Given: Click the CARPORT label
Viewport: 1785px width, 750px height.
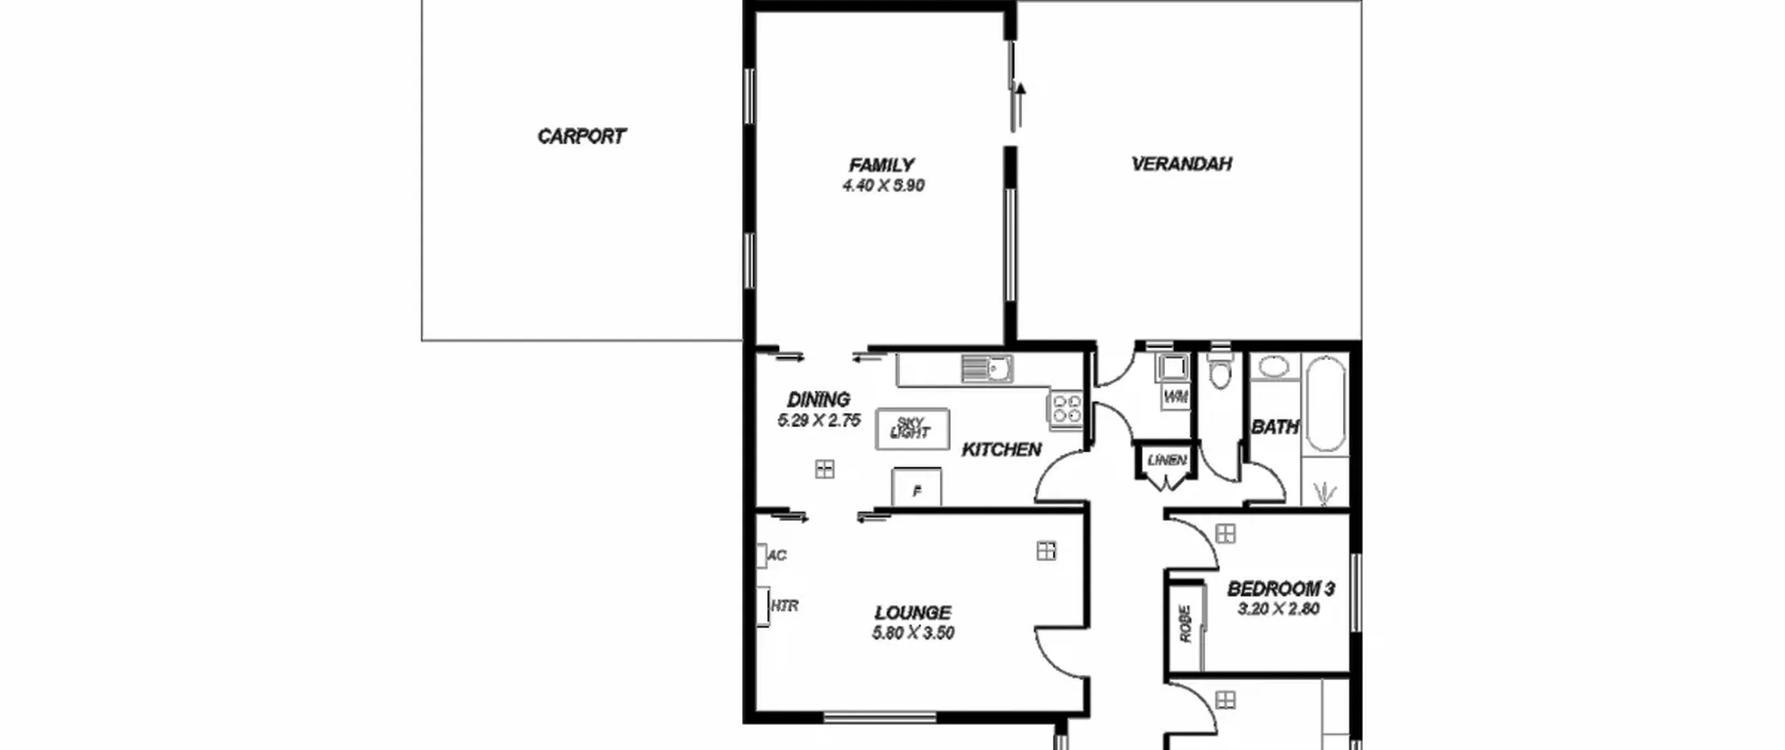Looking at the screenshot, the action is tap(582, 136).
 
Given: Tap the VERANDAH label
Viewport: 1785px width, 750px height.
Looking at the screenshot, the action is tap(1181, 164).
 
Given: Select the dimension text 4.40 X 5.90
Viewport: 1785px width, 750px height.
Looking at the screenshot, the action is tap(883, 186).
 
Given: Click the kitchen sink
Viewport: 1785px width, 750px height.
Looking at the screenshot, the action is tap(987, 368).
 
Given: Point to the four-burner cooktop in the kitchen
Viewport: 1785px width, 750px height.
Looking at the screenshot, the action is tap(1065, 408).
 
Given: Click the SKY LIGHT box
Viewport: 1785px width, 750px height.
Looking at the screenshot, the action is tap(912, 429).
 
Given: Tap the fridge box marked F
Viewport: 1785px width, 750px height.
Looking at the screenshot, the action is tap(916, 486).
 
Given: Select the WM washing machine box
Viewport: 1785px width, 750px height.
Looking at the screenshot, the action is tap(1176, 397).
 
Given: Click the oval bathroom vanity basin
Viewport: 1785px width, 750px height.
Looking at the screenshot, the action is tap(1273, 367).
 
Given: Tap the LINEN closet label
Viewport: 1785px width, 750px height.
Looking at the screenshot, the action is tap(1167, 460).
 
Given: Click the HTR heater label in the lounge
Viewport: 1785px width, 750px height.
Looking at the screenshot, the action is tap(784, 606).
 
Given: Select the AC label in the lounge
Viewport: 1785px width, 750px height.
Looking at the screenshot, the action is tap(777, 555).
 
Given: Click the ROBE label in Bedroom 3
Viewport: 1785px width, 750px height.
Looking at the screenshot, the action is tap(1185, 623).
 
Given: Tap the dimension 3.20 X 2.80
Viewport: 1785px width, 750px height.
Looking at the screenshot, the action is tap(1279, 609).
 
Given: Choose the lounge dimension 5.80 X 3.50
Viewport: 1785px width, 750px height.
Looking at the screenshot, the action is tap(913, 633).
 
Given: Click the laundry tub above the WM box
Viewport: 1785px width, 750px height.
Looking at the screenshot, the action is tap(1172, 367).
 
